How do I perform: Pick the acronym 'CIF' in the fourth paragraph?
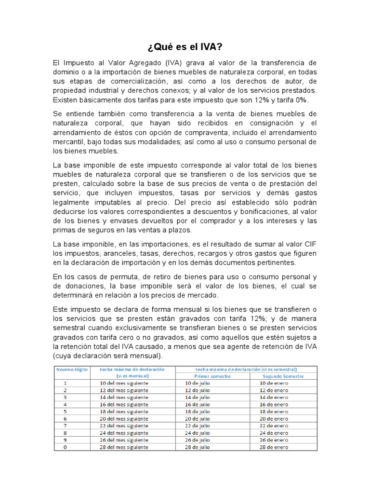(309, 244)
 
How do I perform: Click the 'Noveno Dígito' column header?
(70, 369)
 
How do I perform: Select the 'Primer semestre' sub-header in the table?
(212, 376)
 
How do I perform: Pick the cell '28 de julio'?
(198, 447)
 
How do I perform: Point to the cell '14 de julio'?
(198, 397)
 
